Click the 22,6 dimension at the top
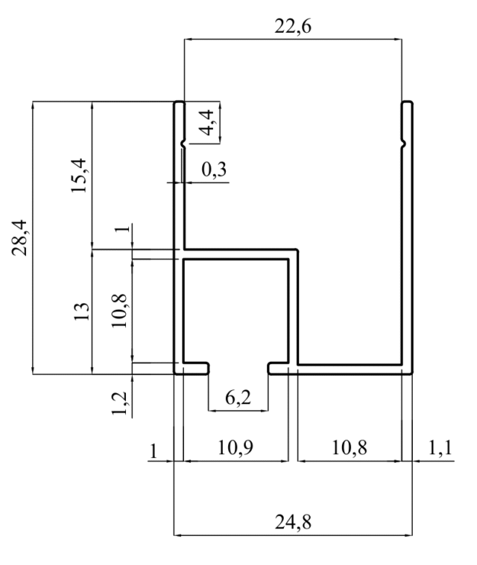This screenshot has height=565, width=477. click(x=293, y=26)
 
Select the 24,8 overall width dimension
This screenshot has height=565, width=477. click(x=293, y=522)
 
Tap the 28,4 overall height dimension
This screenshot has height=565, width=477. click(x=19, y=237)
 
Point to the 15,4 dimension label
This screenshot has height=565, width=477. click(x=79, y=176)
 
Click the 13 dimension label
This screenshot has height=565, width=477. click(x=81, y=312)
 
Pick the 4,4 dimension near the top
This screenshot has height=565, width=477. click(x=207, y=123)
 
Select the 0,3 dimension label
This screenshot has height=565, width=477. click(x=214, y=170)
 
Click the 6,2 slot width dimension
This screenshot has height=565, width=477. click(x=238, y=398)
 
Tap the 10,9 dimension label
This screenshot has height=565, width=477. click(x=236, y=447)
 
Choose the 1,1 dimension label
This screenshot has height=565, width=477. click(x=440, y=448)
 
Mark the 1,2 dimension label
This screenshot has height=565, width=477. click(x=119, y=403)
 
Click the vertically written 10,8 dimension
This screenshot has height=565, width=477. click(x=119, y=310)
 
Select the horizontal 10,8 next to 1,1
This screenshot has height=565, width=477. click(x=349, y=447)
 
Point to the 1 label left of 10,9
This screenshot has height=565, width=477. click(x=154, y=450)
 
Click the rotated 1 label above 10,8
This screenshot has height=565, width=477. click(x=122, y=228)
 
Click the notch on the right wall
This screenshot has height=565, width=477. click(x=404, y=144)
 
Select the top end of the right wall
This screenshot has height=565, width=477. click(x=408, y=102)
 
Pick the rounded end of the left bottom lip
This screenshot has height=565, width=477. click(x=208, y=368)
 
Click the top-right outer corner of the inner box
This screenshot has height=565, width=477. click(x=297, y=249)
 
